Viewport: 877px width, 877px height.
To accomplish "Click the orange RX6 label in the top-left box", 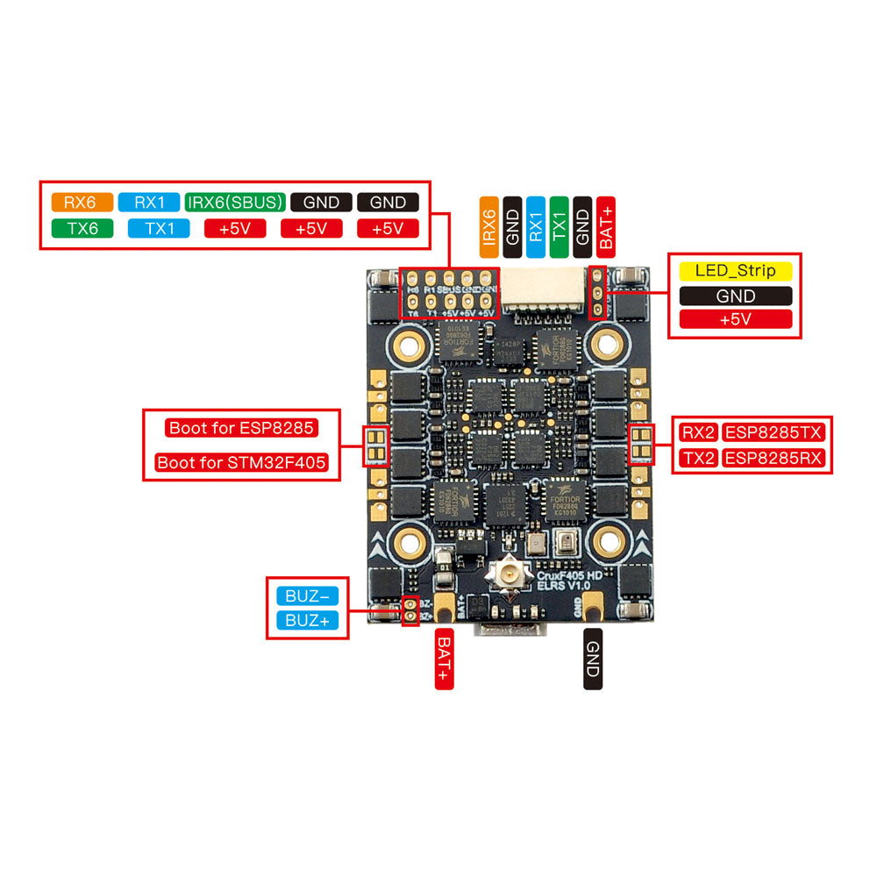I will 82,203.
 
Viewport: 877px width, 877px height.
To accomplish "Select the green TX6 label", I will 82,229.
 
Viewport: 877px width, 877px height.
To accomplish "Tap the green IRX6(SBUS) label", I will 236,203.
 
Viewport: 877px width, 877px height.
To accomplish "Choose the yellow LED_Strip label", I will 735,271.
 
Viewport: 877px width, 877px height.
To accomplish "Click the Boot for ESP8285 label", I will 241,429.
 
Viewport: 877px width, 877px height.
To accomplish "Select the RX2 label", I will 698,431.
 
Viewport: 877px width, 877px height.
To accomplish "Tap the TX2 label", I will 698,458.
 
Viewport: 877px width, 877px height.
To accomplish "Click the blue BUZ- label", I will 307,596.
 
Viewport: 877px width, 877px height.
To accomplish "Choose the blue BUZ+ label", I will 307,621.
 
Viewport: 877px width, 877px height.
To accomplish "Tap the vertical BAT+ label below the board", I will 444,660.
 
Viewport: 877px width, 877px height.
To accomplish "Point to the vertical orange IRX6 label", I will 489,226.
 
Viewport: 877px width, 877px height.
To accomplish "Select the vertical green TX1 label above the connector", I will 560,226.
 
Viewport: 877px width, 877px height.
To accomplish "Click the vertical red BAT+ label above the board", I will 606,226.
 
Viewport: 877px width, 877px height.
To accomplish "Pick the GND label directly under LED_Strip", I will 735,296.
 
